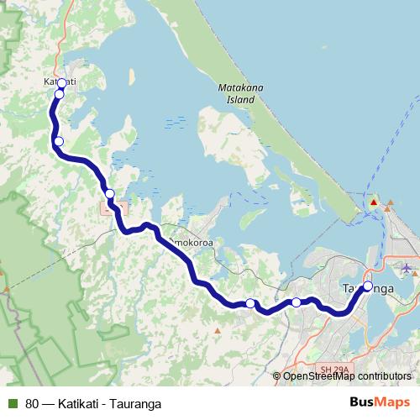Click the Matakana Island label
[x=235, y=92]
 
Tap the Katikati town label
[x=60, y=81]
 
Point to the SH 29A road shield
[x=333, y=369]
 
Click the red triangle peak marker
[x=374, y=202]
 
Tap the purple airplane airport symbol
[x=407, y=268]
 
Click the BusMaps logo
[x=380, y=402]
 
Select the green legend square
[x=13, y=403]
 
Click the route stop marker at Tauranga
[x=368, y=286]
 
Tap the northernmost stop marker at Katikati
[x=61, y=83]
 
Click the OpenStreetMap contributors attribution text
[x=347, y=376]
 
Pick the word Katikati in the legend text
[x=78, y=403]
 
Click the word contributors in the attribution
[x=384, y=376]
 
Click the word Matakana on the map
[x=235, y=87]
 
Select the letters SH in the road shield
[x=326, y=369]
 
